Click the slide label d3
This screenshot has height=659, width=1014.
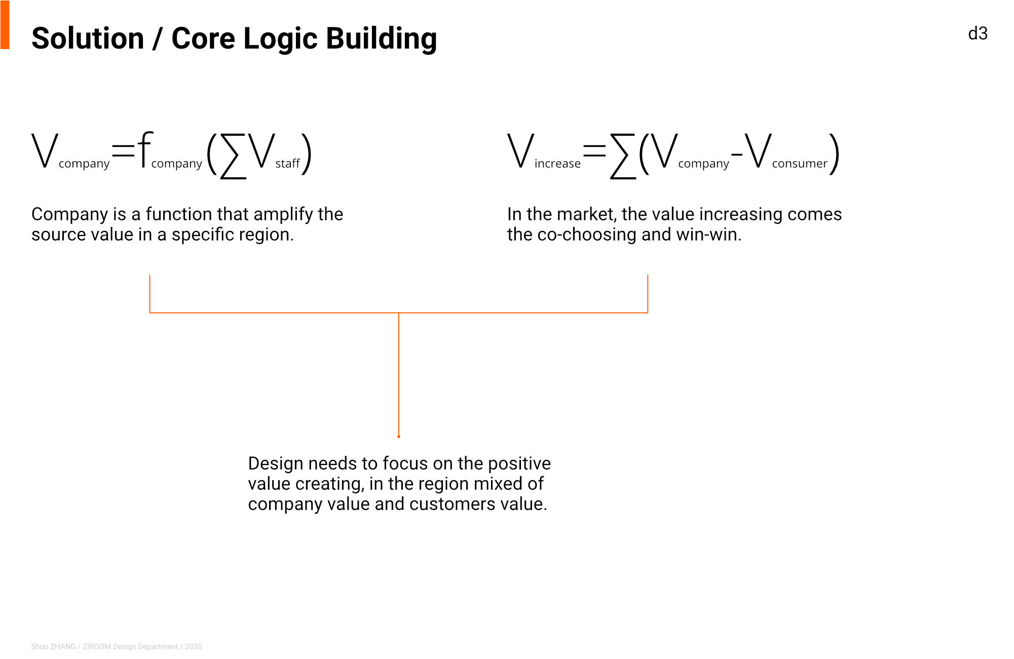tap(978, 33)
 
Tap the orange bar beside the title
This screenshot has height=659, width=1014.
tap(5, 25)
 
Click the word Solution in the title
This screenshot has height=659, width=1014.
tap(88, 38)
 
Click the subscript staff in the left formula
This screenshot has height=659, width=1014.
tap(288, 164)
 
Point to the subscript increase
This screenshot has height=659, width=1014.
tap(557, 164)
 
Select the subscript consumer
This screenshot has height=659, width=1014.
tap(800, 164)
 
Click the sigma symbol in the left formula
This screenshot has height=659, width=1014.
tap(233, 156)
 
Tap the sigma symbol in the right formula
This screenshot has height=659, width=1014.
tap(623, 156)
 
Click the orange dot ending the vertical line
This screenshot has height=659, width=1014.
tap(399, 436)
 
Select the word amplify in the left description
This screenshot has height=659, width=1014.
tap(284, 215)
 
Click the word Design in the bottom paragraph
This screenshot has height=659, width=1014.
tap(276, 464)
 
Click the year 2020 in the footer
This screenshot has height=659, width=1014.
tap(194, 647)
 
